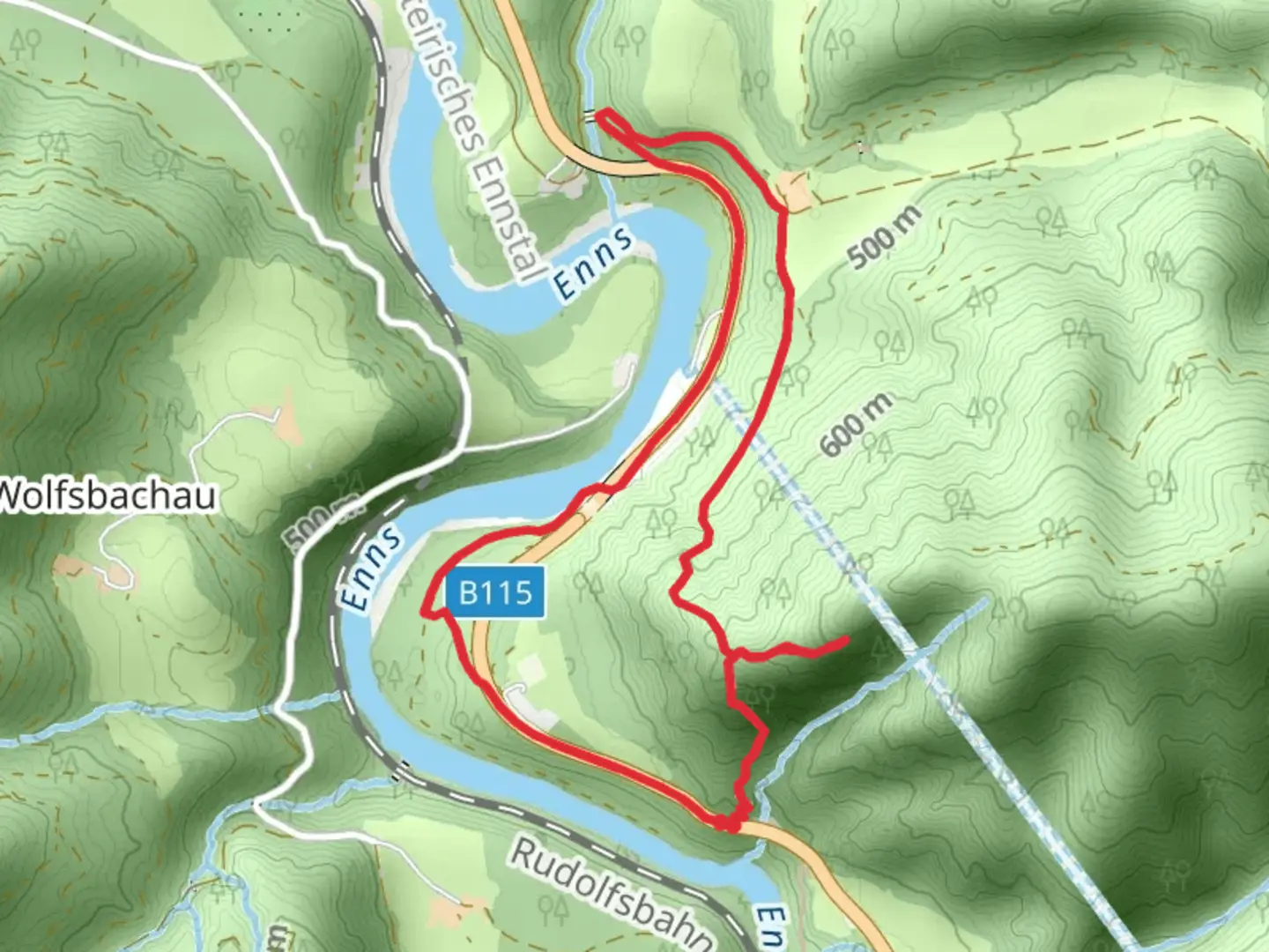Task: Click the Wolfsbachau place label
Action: click(x=108, y=496)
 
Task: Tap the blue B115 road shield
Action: click(x=496, y=592)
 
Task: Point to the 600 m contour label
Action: click(x=857, y=425)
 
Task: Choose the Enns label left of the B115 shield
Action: click(x=370, y=569)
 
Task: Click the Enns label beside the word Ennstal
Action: click(x=593, y=263)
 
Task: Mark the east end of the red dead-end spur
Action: click(x=847, y=640)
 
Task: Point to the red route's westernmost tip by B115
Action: click(x=424, y=611)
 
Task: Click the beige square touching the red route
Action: click(x=794, y=191)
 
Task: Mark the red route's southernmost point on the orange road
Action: click(x=724, y=826)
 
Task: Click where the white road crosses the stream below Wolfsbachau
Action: click(x=280, y=706)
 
